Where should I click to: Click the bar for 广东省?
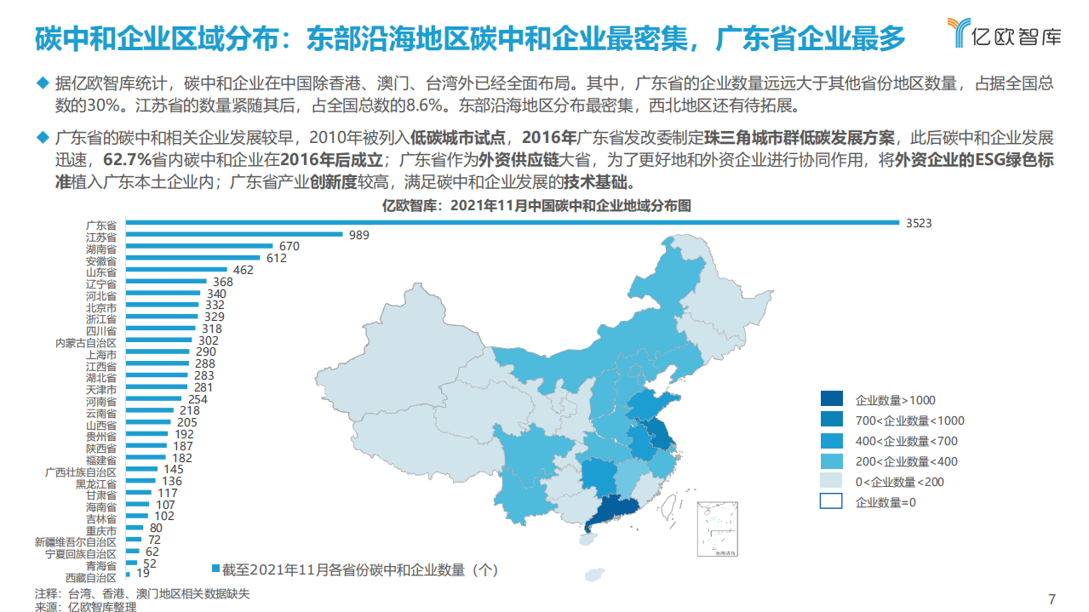click(511, 223)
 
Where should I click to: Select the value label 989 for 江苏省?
click(359, 235)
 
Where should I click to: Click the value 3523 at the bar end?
click(918, 223)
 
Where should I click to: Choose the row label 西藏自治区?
click(93, 578)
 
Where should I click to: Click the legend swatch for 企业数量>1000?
click(832, 399)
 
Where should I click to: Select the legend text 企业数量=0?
click(886, 502)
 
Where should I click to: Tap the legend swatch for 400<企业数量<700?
click(832, 441)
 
